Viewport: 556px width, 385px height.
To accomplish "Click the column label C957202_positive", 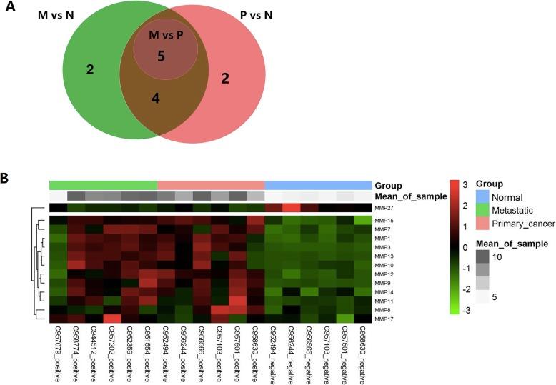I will point(111,354).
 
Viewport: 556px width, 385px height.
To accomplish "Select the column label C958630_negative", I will point(363,354).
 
